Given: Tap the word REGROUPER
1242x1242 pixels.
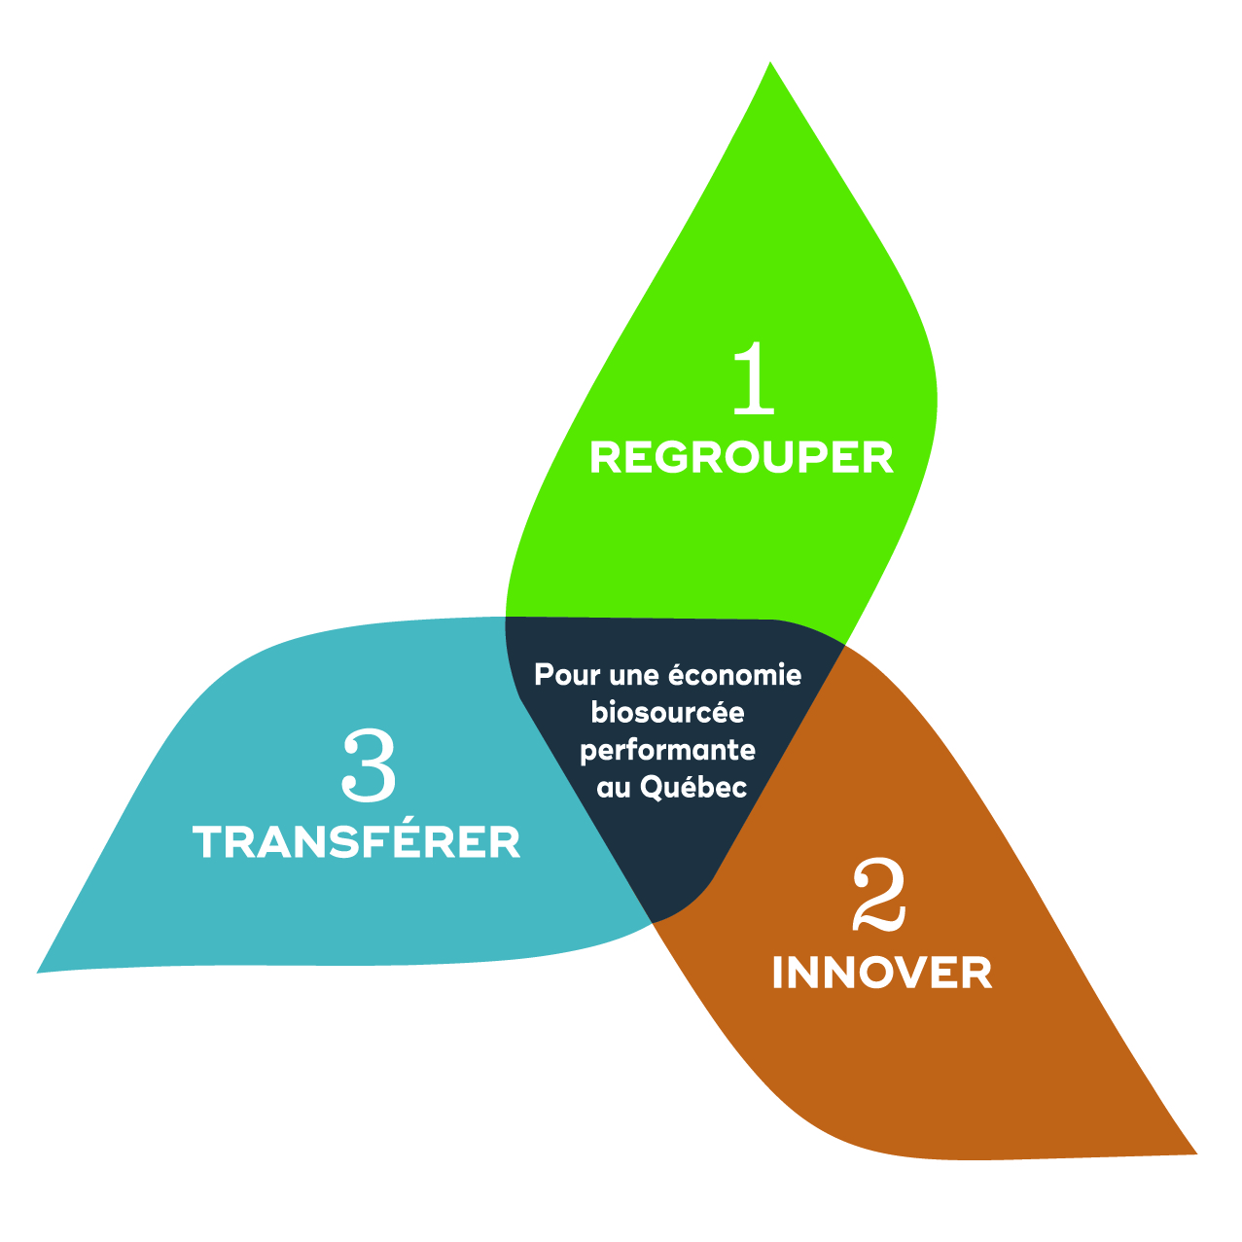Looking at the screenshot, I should (x=741, y=458).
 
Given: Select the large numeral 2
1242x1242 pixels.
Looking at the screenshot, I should (x=879, y=895).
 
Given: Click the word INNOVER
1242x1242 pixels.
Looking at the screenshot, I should (x=882, y=973).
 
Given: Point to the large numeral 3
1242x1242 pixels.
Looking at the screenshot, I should (x=370, y=767).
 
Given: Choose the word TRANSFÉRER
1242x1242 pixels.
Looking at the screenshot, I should (x=357, y=842).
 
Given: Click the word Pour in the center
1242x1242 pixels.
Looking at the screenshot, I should (x=563, y=675).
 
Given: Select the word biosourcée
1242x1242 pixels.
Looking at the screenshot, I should (x=668, y=713).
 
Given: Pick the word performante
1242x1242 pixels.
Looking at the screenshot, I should (x=668, y=751).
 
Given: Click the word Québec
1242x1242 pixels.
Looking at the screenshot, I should (x=693, y=787).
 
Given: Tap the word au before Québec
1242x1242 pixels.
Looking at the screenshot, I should (x=614, y=788).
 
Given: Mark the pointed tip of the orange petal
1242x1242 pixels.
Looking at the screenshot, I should (x=1194, y=1153).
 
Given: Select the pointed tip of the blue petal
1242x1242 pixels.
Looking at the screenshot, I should (x=39, y=971).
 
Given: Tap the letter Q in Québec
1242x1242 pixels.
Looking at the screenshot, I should (x=652, y=787).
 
